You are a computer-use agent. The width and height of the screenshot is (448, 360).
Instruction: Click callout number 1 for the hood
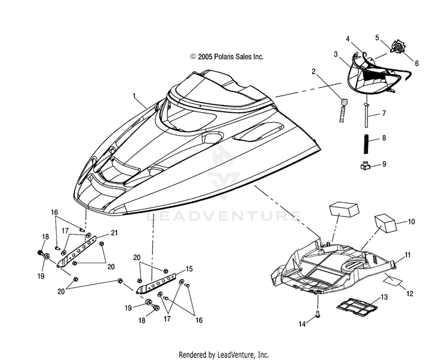coord(134,96)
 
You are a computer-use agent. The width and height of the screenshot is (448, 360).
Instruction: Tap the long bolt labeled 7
coord(366,115)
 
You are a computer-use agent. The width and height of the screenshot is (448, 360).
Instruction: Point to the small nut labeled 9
coord(364,165)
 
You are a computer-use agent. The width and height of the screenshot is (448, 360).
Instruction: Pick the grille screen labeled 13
coord(357,307)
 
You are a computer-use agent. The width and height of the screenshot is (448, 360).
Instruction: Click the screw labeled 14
coord(318,314)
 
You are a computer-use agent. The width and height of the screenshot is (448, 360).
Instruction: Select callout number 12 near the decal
coord(409,293)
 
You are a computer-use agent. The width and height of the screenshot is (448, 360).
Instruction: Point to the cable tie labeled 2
coord(343,110)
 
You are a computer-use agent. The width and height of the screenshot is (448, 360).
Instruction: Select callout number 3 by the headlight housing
coord(336,54)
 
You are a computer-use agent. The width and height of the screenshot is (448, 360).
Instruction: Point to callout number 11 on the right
coord(407,255)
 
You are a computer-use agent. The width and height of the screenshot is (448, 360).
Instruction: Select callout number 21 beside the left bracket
coord(114,233)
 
